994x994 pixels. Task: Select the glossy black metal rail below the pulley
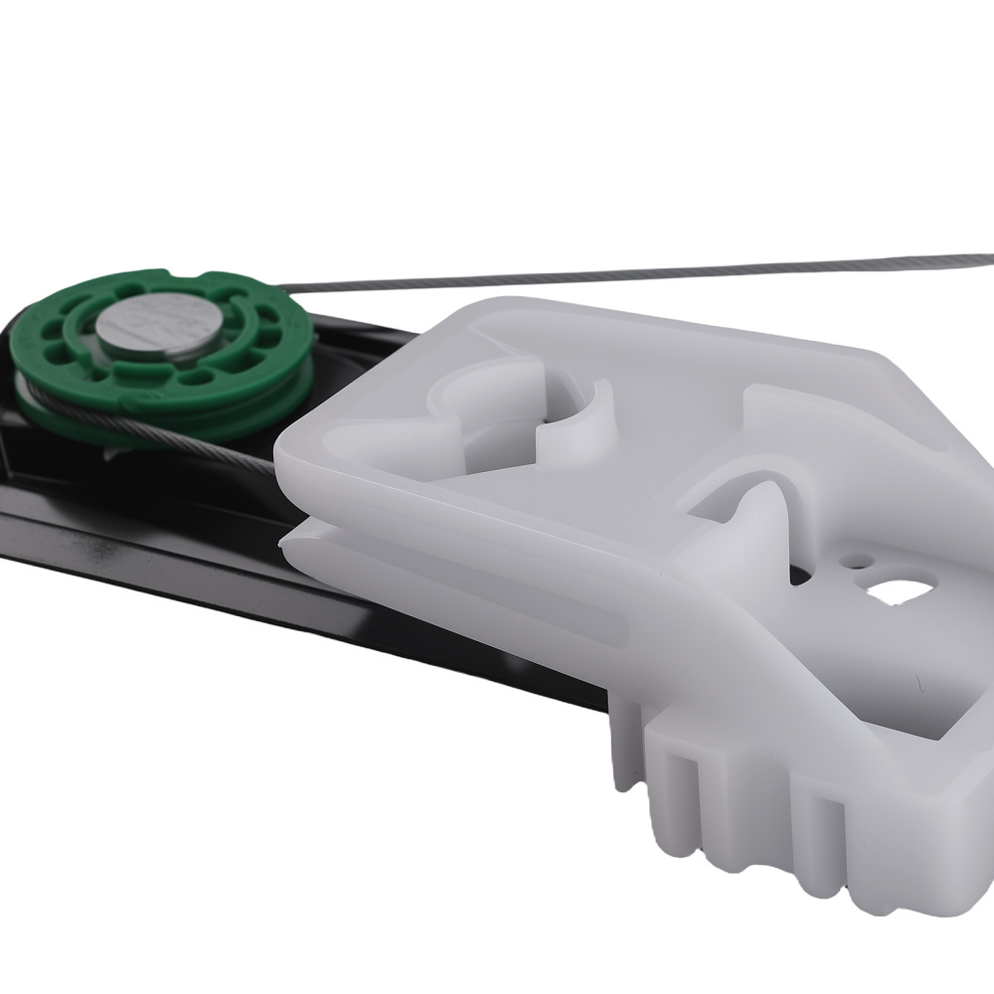(x=149, y=557)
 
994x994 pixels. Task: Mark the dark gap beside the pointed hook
(x=800, y=577)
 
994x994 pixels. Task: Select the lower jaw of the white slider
(x=447, y=596)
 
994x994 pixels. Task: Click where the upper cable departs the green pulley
(x=293, y=289)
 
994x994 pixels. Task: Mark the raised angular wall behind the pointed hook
(x=795, y=417)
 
